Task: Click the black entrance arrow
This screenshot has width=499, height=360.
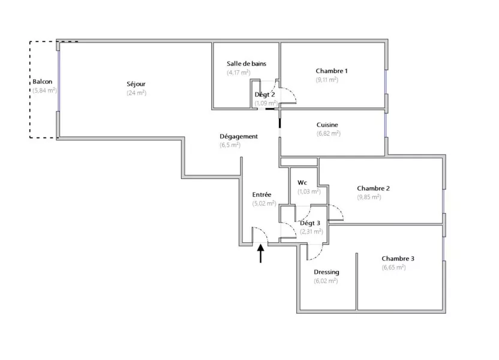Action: [x=261, y=253]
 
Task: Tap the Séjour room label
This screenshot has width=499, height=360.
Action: [x=136, y=84]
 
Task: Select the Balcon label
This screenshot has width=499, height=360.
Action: [x=43, y=82]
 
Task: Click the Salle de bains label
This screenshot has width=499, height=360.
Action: [x=247, y=64]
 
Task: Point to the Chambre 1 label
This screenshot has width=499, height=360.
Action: [x=332, y=71]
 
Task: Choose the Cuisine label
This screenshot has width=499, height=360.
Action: [x=327, y=125]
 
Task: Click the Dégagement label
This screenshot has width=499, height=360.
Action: [x=239, y=137]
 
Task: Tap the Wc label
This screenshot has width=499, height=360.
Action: [x=302, y=183]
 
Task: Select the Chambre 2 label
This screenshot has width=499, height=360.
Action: [x=373, y=188]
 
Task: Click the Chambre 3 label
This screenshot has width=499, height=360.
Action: [x=398, y=259]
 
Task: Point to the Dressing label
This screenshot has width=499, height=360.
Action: [x=326, y=272]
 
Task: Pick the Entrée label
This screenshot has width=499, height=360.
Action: [x=261, y=194]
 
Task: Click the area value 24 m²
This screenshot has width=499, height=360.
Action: [x=137, y=93]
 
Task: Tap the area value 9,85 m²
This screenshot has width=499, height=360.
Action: [x=369, y=197]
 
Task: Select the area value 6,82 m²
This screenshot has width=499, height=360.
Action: [x=329, y=133]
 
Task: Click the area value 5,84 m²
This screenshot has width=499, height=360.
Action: [x=44, y=91]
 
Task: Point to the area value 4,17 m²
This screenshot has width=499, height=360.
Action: [x=239, y=73]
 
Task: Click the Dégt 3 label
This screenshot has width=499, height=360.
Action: [x=310, y=223]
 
